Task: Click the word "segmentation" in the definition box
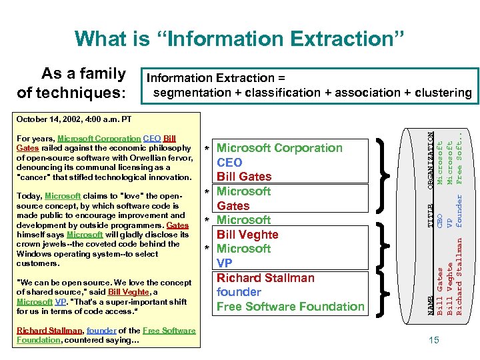(x=188, y=93)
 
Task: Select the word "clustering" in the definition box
(x=441, y=93)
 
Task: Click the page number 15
(x=434, y=341)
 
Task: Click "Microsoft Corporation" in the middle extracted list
(x=280, y=148)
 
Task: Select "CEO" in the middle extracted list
(x=230, y=162)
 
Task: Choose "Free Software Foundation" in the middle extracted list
(x=291, y=307)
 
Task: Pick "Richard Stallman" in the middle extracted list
(x=265, y=278)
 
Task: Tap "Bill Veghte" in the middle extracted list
(x=247, y=235)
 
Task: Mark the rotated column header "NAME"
(x=430, y=305)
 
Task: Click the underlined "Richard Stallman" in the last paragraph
(x=44, y=331)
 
